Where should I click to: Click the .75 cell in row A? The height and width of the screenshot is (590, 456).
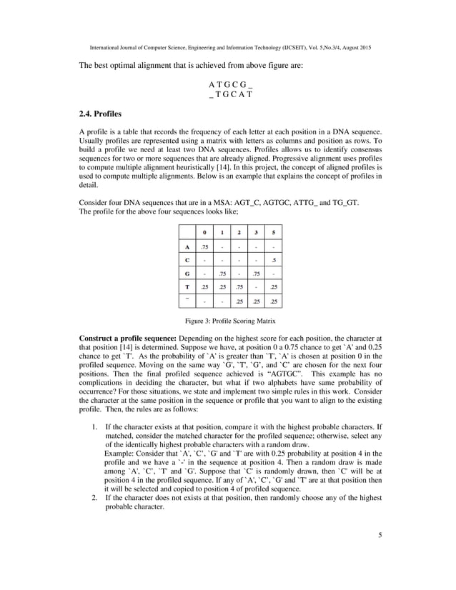coord(204,247)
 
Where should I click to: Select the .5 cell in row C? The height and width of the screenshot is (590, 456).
coord(274,259)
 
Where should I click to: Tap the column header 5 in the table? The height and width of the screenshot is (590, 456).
coord(274,232)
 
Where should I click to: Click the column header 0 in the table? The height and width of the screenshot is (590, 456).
coord(204,232)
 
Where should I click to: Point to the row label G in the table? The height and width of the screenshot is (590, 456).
coord(187,273)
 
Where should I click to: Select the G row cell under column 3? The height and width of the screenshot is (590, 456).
coord(257,273)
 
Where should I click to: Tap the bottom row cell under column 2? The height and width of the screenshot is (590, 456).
coord(239,301)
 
